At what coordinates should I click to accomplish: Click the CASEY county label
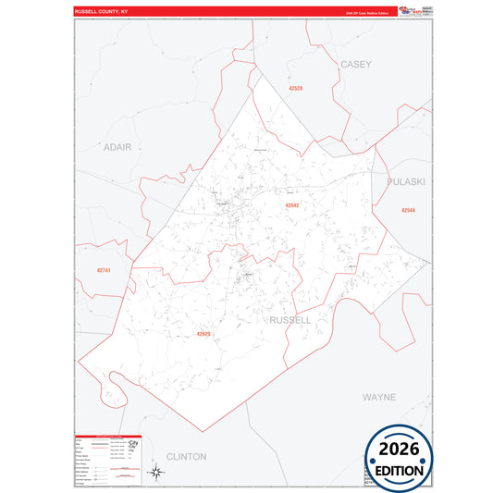[355, 65]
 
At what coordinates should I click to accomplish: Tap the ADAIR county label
[117, 147]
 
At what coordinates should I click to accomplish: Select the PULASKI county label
[406, 182]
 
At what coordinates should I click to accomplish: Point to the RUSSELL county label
[290, 319]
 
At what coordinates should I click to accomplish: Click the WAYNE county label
[379, 397]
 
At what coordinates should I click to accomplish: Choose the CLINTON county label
[186, 456]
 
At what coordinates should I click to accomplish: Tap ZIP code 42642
[292, 205]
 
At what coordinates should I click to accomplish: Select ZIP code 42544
[408, 211]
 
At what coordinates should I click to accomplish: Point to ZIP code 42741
[104, 269]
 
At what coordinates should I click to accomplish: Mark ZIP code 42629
[204, 334]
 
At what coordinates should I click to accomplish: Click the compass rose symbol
[158, 474]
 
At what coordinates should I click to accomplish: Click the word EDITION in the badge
[401, 470]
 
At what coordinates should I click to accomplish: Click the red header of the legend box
[107, 436]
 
